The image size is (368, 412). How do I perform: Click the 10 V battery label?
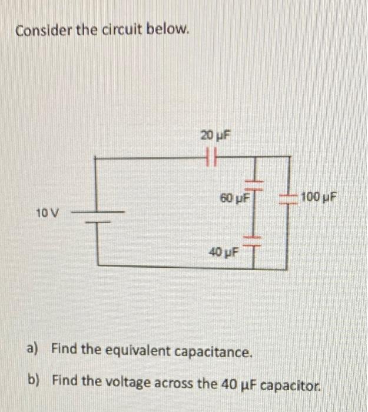[x=47, y=212]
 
